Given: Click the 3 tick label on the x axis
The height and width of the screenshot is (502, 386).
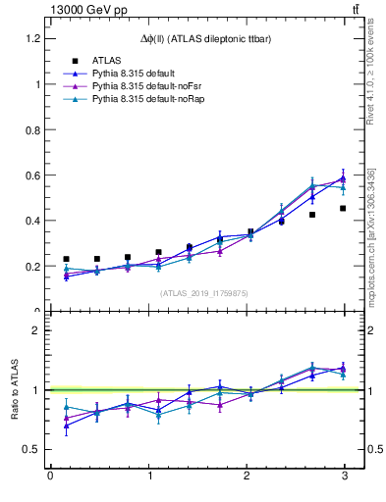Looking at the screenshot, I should pyautogui.click(x=344, y=476).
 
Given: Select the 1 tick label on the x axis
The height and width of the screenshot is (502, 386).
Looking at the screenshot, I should pyautogui.click(x=147, y=476).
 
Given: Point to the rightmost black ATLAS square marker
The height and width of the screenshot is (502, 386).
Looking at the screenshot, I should pyautogui.click(x=343, y=208).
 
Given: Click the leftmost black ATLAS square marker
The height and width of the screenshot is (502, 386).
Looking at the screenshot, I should pyautogui.click(x=66, y=259).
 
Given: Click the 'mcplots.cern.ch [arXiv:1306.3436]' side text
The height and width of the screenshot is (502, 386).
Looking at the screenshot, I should pyautogui.click(x=370, y=235).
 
